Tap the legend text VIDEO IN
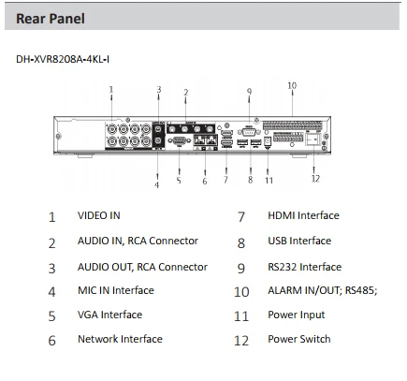pyautogui.click(x=98, y=216)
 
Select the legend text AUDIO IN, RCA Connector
pyautogui.click(x=138, y=242)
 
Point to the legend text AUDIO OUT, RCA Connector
pyautogui.click(x=142, y=267)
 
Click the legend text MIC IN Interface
pyautogui.click(x=115, y=291)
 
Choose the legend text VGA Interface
pyautogui.click(x=109, y=315)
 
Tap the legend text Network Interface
pyautogui.click(x=120, y=340)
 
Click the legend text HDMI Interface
pyautogui.click(x=303, y=216)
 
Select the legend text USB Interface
pyautogui.click(x=299, y=242)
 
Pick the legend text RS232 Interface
pyautogui.click(x=304, y=267)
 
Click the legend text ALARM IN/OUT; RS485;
pyautogui.click(x=322, y=291)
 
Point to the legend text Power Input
pyautogui.click(x=297, y=315)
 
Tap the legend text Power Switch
pyautogui.click(x=298, y=340)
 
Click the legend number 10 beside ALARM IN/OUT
pyautogui.click(x=241, y=292)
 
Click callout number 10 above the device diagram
pyautogui.click(x=292, y=85)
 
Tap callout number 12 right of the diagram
pyautogui.click(x=315, y=178)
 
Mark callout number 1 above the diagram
pyautogui.click(x=111, y=90)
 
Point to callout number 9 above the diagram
pyautogui.click(x=249, y=91)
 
